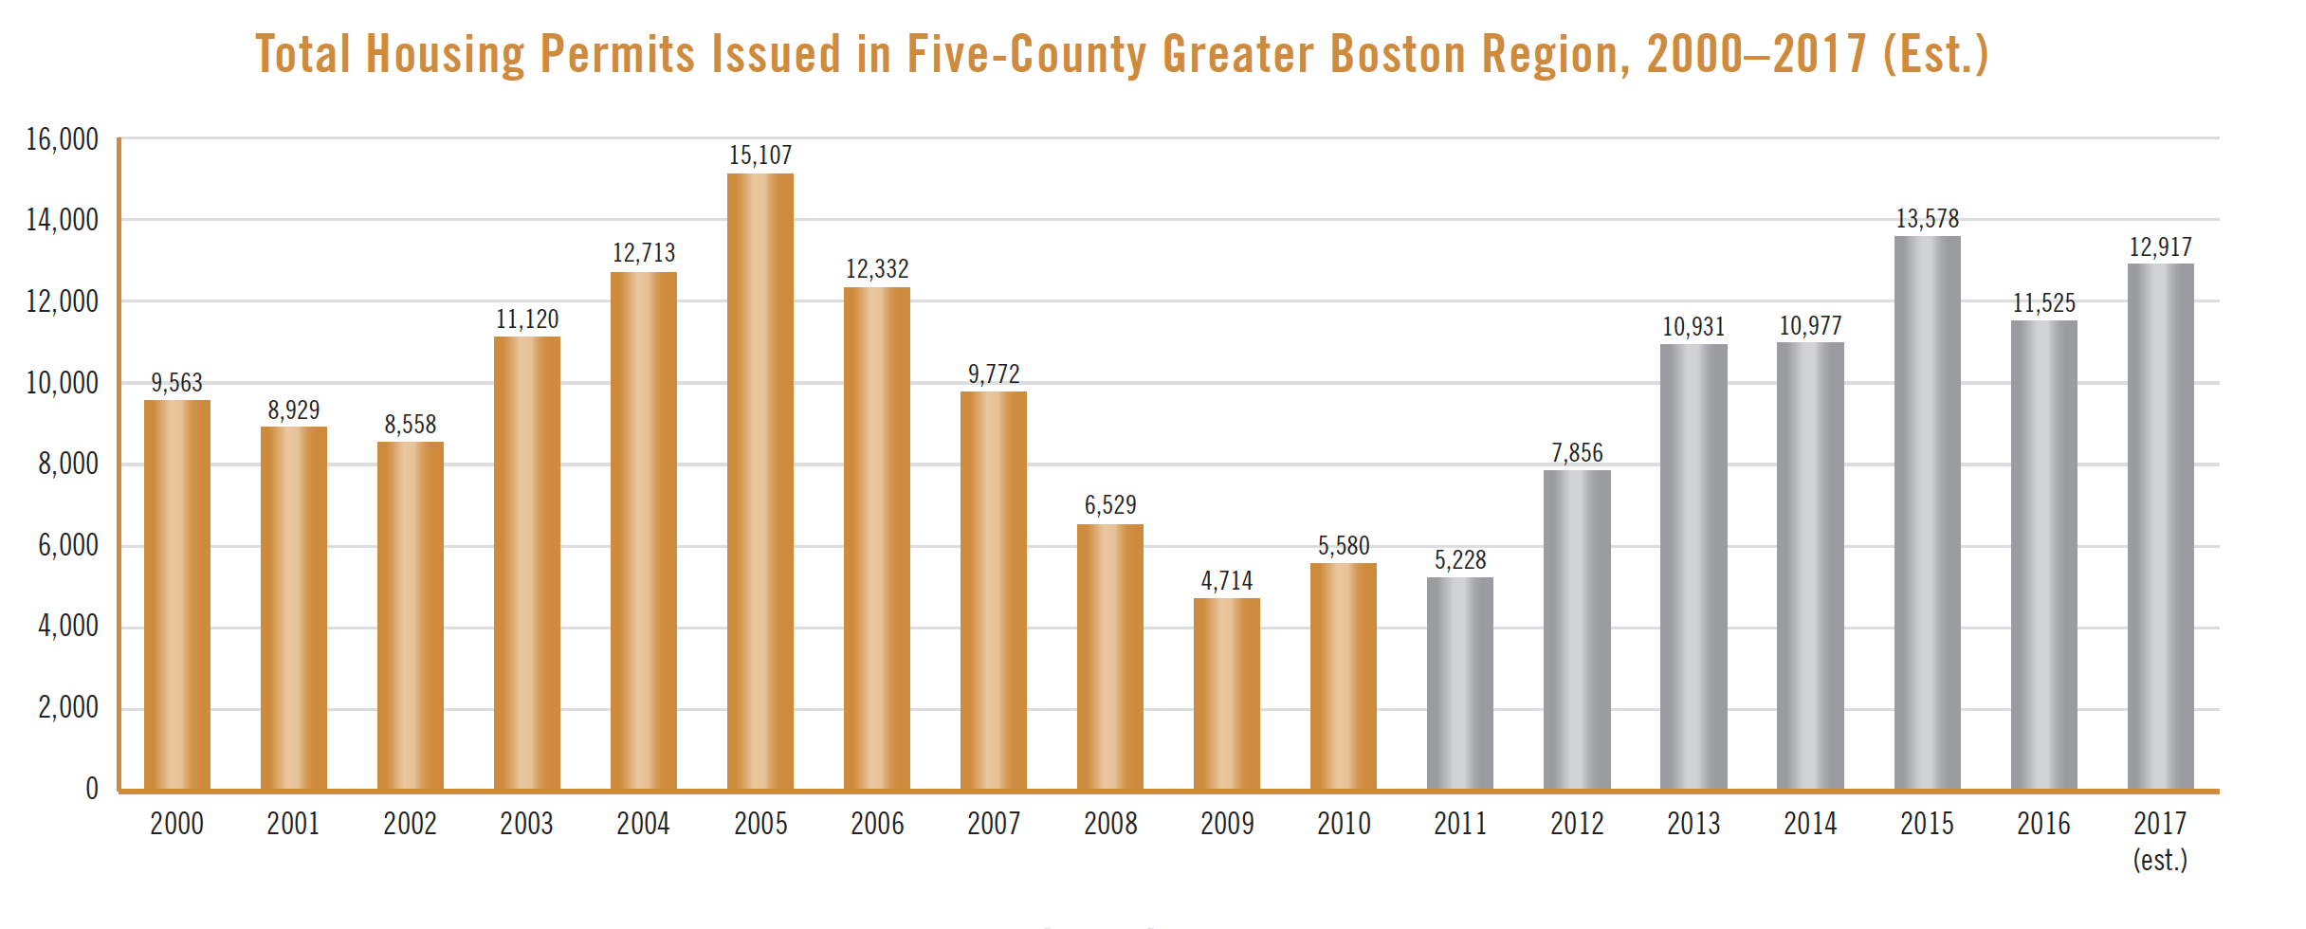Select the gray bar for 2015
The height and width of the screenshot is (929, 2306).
pyautogui.click(x=1927, y=513)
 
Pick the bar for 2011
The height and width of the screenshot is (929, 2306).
pyautogui.click(x=1460, y=683)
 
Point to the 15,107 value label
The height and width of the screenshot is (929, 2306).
pyautogui.click(x=760, y=155)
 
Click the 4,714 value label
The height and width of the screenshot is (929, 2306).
pyautogui.click(x=1227, y=580)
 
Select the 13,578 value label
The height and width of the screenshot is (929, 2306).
pyautogui.click(x=1927, y=219)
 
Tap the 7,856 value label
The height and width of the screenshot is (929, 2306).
pyautogui.click(x=1577, y=453)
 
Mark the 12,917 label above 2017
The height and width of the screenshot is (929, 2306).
pyautogui.click(x=2160, y=247)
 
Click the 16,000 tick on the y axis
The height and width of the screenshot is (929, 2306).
pyautogui.click(x=63, y=139)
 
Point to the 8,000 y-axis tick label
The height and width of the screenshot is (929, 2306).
pyautogui.click(x=68, y=464)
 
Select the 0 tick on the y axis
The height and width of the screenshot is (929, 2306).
pyautogui.click(x=92, y=789)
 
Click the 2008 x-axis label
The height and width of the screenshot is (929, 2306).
pyautogui.click(x=1110, y=823)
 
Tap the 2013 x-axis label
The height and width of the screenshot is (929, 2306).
pyautogui.click(x=1693, y=823)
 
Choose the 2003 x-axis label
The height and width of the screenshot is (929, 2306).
pyautogui.click(x=526, y=823)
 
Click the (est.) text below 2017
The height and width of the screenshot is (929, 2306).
pyautogui.click(x=2160, y=859)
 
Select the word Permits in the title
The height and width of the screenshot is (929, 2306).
pyautogui.click(x=617, y=53)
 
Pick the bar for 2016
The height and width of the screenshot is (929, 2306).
pyautogui.click(x=2043, y=555)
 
